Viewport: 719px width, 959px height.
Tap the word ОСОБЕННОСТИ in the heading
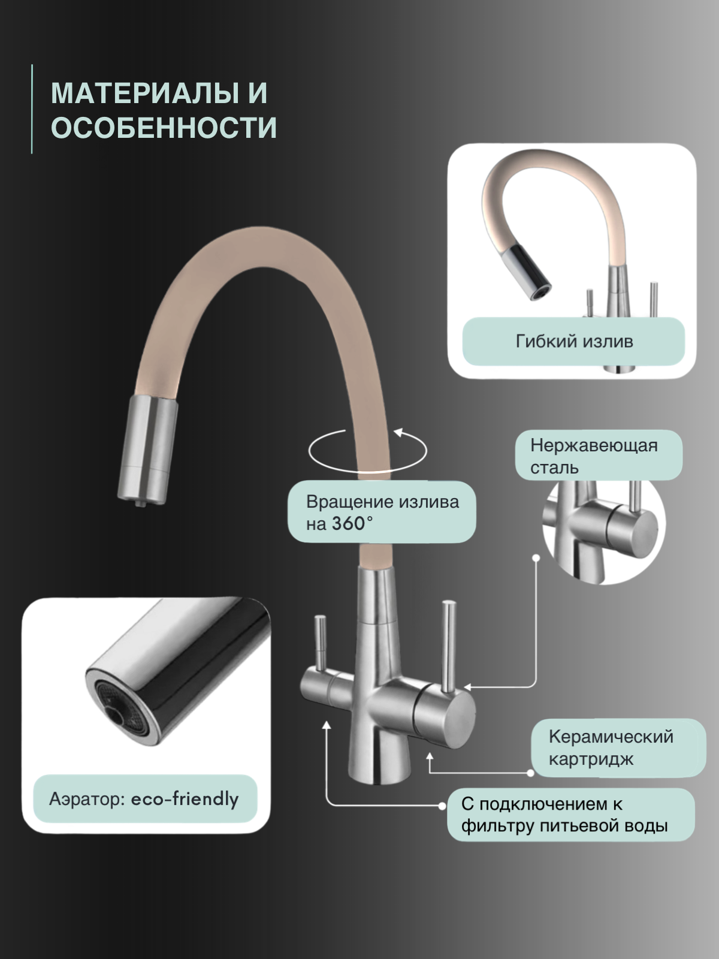(164, 128)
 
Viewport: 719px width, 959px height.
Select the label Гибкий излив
(573, 342)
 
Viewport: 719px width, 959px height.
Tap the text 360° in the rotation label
(352, 523)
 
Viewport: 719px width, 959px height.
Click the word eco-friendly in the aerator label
(185, 799)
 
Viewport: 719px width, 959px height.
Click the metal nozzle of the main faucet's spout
(148, 450)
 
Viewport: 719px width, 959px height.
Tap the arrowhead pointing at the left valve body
(327, 726)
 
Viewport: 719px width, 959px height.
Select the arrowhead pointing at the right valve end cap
(468, 687)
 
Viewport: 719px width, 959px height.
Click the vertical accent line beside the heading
(32, 109)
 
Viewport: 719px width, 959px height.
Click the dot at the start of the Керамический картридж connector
(531, 773)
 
